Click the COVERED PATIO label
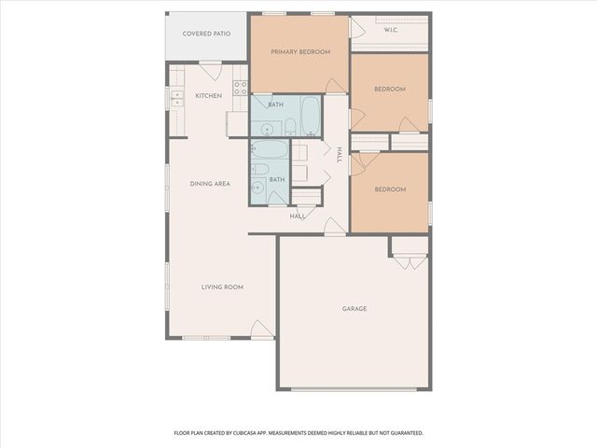(206, 33)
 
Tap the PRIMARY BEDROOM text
(300, 52)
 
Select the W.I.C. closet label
(392, 30)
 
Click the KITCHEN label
(208, 96)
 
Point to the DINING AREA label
(210, 184)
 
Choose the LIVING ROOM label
(222, 287)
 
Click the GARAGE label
(354, 308)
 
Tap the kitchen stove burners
(240, 89)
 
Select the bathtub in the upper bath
(311, 117)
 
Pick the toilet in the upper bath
(290, 126)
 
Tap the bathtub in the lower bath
(270, 148)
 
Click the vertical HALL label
(340, 154)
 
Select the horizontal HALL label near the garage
(298, 217)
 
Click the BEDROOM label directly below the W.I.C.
(390, 90)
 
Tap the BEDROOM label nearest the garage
(390, 189)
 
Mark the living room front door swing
(262, 329)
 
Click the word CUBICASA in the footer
(267, 433)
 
